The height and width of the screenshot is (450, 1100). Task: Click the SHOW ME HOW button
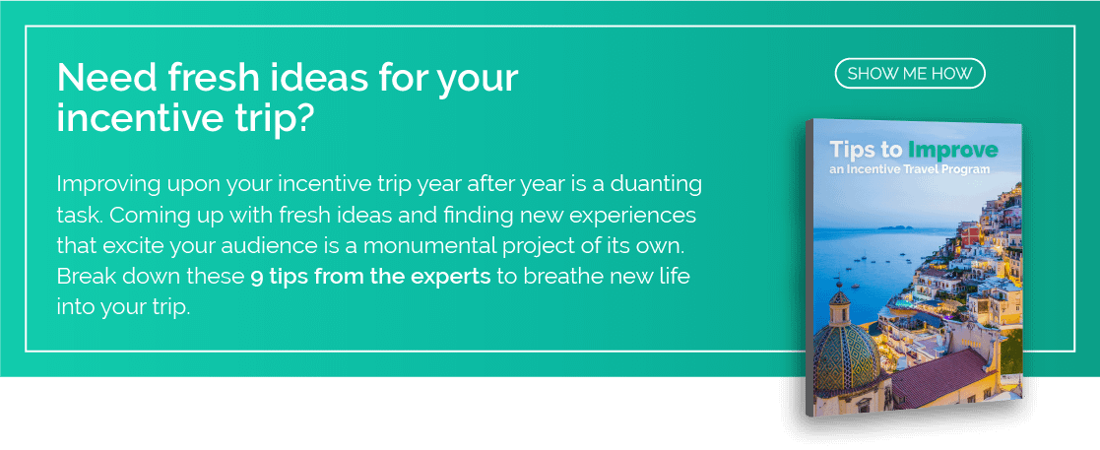pos(910,74)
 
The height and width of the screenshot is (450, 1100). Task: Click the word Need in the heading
pos(106,79)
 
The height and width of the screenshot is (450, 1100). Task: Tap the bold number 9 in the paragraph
pos(257,277)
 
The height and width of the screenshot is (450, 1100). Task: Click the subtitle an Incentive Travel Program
pos(910,169)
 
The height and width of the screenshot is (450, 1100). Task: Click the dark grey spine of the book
pos(809,269)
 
